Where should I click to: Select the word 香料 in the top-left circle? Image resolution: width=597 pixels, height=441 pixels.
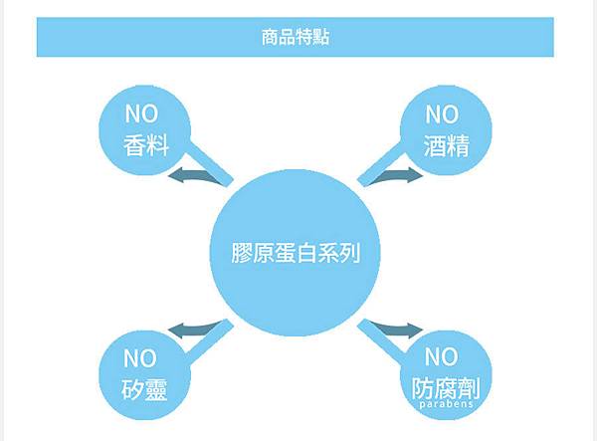click(146, 145)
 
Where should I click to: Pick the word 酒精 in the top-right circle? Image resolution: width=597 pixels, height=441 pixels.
click(446, 145)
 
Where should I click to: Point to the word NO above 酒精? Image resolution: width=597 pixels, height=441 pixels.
click(444, 113)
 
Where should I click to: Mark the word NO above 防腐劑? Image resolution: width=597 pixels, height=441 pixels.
click(443, 355)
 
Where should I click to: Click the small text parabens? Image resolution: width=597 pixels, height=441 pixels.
click(445, 405)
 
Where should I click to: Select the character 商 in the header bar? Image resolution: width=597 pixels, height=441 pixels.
click(264, 39)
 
